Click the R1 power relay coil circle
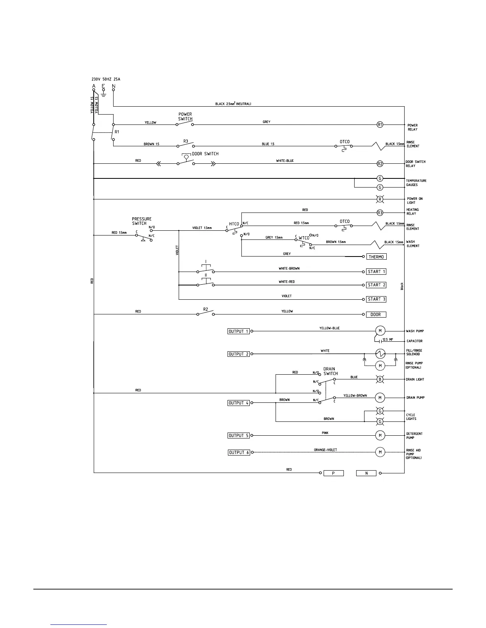point(380,124)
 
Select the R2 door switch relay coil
point(380,163)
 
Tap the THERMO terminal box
point(376,257)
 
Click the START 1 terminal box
point(376,272)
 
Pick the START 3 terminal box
point(376,299)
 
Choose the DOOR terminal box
point(376,314)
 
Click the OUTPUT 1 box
point(239,331)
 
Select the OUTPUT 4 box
point(239,403)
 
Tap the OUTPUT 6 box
point(239,452)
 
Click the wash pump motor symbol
point(380,331)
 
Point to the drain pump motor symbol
point(380,398)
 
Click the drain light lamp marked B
point(380,379)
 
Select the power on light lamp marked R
point(380,199)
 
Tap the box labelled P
point(334,473)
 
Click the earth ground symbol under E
point(104,94)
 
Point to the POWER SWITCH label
point(185,117)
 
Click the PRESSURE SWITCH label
point(141,221)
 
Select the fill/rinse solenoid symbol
point(380,354)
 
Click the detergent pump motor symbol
point(380,435)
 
